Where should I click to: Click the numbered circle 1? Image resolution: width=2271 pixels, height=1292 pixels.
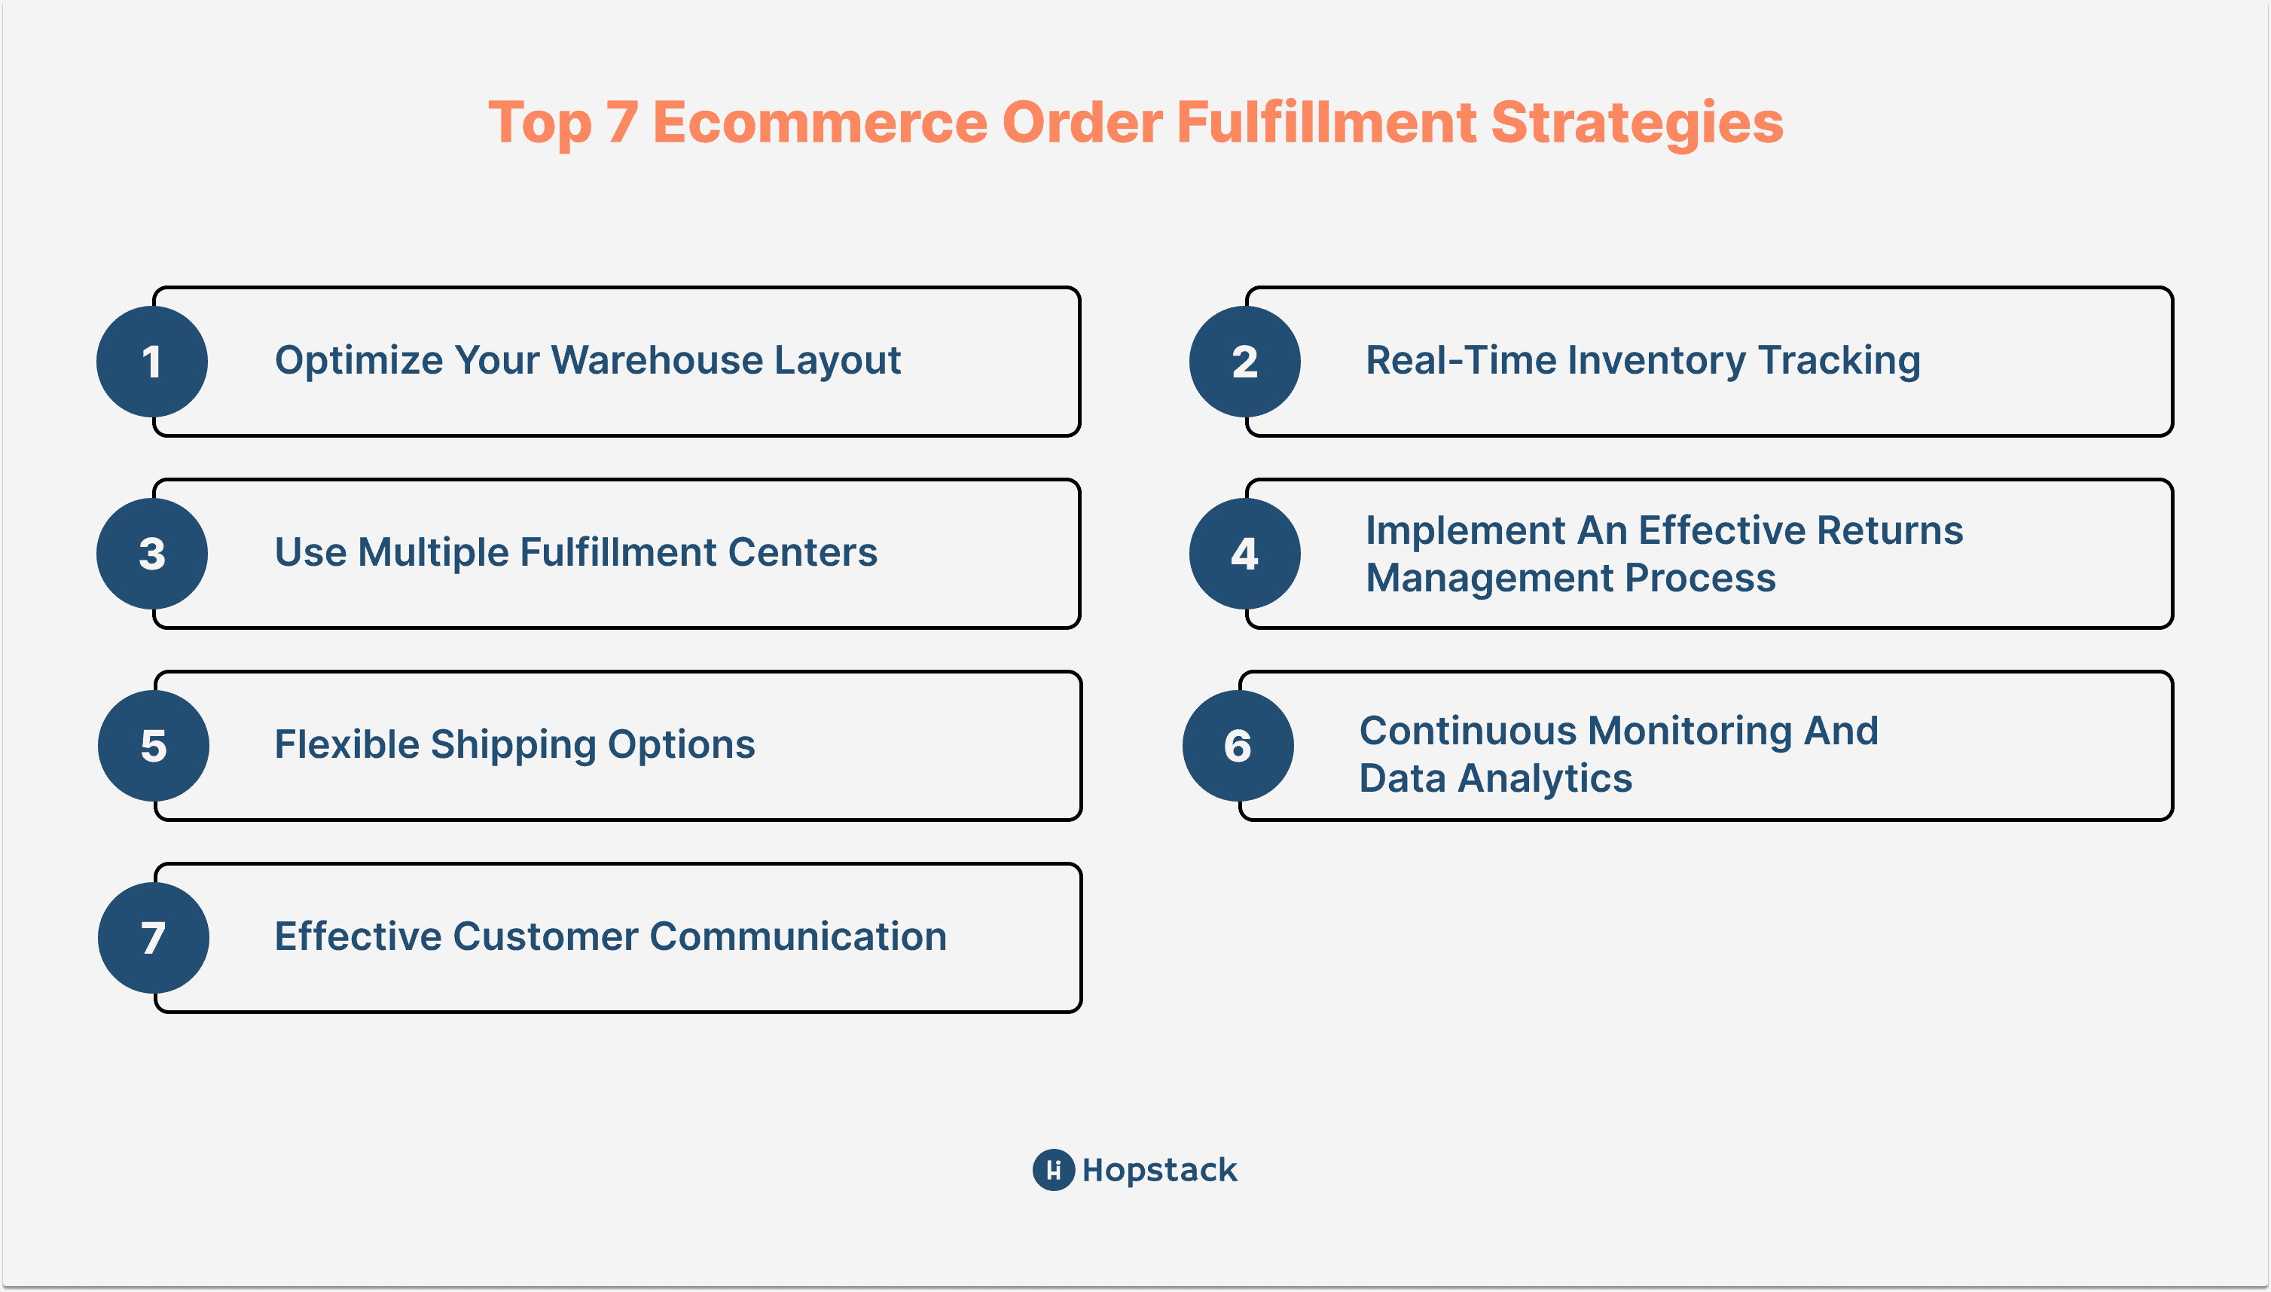[151, 361]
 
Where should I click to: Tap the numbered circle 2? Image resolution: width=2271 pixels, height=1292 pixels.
[1244, 361]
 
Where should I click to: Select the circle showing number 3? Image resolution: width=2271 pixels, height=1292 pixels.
[151, 554]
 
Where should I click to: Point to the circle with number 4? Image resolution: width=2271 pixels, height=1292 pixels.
[1244, 554]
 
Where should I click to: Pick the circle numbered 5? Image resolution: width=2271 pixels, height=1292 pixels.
[154, 745]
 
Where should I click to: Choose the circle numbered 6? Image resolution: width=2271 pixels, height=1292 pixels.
[1238, 745]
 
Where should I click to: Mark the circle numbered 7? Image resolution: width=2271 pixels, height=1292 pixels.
[154, 938]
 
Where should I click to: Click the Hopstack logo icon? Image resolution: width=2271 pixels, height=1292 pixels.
[1054, 1169]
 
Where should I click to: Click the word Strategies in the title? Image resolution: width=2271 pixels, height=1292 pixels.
[1637, 124]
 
